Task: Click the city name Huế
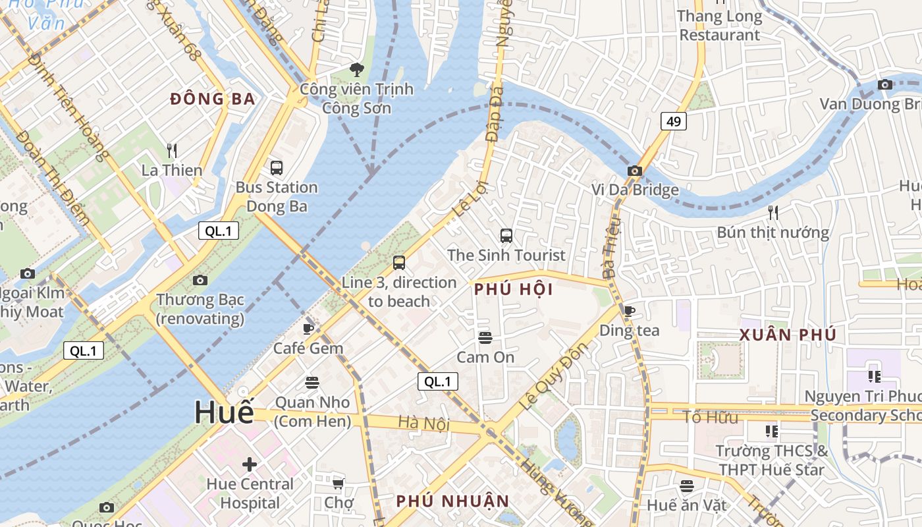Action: pos(224,412)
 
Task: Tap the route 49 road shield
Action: pos(672,121)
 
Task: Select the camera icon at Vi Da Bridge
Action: pos(634,171)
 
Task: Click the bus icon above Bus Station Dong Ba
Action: pos(277,168)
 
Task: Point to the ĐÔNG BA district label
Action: pos(212,99)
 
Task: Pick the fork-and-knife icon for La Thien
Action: pos(172,151)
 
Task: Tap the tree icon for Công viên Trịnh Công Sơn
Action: pos(356,69)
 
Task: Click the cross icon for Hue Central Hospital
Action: pos(250,464)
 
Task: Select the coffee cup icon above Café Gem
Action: pos(308,329)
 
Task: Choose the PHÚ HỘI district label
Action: pos(513,289)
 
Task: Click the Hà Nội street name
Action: pos(424,423)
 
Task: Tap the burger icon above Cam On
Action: pos(485,338)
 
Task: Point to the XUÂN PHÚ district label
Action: pos(788,335)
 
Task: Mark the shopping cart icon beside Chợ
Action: pos(338,484)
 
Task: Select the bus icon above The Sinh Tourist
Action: pos(506,236)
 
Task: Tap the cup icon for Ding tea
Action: pos(629,311)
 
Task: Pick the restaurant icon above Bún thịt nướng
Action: pos(773,213)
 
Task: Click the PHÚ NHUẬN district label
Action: pos(452,501)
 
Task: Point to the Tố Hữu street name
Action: pos(709,416)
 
